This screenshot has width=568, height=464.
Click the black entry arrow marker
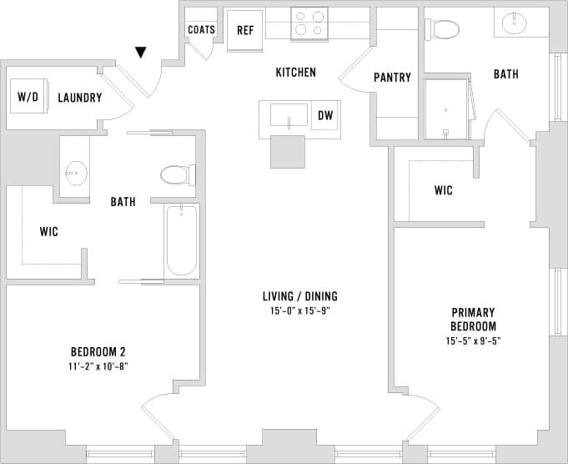[x=141, y=53]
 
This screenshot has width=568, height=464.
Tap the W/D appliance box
[x=28, y=98]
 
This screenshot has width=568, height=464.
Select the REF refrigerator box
[x=245, y=31]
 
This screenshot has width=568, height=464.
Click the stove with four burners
[x=309, y=24]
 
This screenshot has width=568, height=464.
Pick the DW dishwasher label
[x=325, y=116]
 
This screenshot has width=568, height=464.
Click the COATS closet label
[x=201, y=30]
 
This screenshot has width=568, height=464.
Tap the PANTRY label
[x=392, y=78]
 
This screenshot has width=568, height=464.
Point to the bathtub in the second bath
[x=182, y=240]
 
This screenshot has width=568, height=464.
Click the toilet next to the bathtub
[x=177, y=175]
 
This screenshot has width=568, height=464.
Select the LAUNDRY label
[x=80, y=98]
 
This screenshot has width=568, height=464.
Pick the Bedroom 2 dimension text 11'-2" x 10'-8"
[x=98, y=366]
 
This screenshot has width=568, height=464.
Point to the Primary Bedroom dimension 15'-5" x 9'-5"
[x=473, y=340]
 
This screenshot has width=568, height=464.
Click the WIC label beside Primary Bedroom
[x=443, y=191]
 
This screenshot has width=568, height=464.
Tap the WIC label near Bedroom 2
[x=48, y=230]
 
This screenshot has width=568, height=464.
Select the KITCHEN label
[x=296, y=73]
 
